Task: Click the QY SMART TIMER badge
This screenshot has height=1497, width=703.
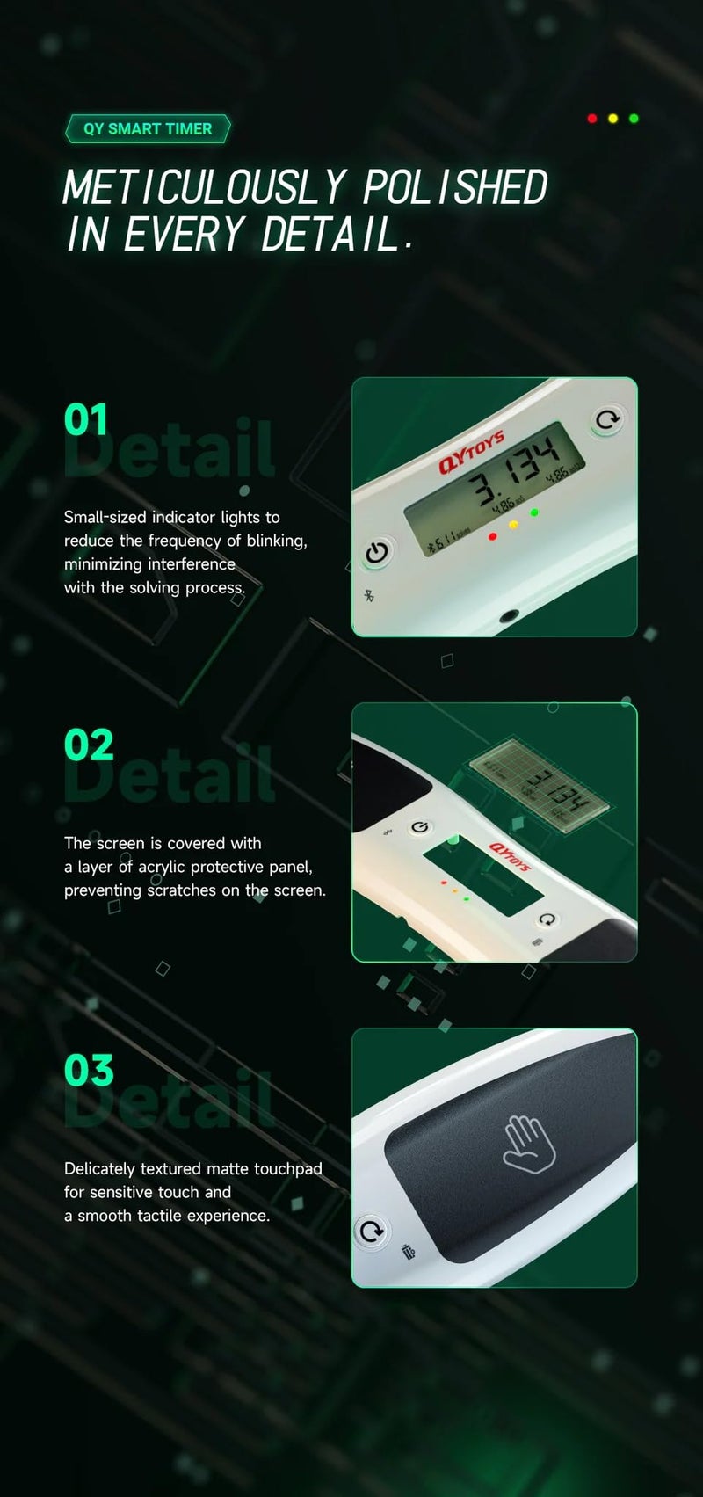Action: pos(147,129)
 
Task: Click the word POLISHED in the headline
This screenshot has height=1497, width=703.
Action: pos(454,188)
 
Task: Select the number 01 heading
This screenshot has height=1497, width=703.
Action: pos(86,420)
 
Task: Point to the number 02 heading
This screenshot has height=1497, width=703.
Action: pos(89,745)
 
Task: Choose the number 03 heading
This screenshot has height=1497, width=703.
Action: pos(89,1071)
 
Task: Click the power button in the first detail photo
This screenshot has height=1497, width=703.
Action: pos(377,553)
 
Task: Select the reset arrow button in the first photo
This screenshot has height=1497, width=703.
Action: pos(606,419)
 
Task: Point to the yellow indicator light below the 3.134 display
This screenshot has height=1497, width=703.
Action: pos(514,525)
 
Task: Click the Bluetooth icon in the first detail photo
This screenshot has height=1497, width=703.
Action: pos(369,597)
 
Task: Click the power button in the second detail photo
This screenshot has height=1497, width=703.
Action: pos(421,827)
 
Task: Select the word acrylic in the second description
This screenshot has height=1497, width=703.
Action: pos(162,867)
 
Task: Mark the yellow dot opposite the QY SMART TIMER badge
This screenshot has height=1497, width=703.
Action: pos(613,119)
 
